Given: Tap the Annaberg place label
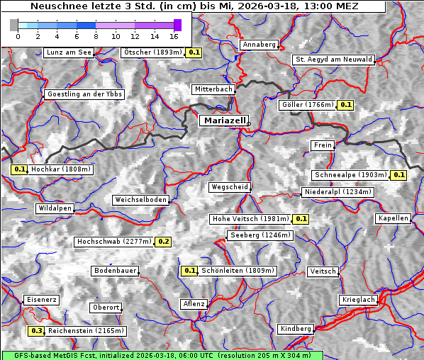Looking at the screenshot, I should click(259, 45).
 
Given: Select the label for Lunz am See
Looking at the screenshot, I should click(68, 52).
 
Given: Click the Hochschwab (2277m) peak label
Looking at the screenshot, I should click(114, 242).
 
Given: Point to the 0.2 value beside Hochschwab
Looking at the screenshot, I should click(164, 242).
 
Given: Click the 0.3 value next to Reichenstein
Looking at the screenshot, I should click(36, 331).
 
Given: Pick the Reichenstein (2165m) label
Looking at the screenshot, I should click(87, 331).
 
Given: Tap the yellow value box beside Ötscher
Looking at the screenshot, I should click(194, 52).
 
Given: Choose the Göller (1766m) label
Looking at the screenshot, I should click(307, 105).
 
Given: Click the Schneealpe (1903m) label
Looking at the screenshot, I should click(351, 175).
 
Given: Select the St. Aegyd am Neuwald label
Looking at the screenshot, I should click(333, 60).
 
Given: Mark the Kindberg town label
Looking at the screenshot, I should click(296, 329).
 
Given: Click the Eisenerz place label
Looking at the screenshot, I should click(42, 300).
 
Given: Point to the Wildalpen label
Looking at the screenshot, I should click(55, 209).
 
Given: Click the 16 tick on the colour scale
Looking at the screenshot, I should click(174, 35).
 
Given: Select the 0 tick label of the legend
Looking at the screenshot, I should click(18, 35).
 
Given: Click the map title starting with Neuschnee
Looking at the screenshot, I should click(194, 6).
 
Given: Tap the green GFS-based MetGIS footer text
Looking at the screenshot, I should click(162, 355).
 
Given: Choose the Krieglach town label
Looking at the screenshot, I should click(357, 300).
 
